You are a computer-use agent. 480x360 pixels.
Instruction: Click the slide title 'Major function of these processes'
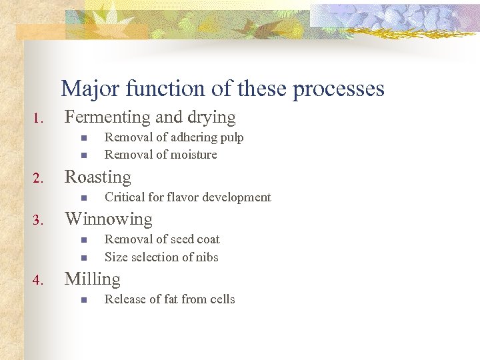(222, 89)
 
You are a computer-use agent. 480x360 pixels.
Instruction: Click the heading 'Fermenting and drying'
(149, 117)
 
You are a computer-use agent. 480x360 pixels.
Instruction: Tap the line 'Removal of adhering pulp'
(174, 137)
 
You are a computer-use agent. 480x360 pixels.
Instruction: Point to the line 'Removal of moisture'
(161, 155)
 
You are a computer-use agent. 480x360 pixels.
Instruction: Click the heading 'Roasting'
(97, 177)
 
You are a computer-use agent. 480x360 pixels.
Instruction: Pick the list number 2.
(38, 179)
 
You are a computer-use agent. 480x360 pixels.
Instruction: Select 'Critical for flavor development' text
(187, 197)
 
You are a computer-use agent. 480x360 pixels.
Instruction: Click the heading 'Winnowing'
(108, 219)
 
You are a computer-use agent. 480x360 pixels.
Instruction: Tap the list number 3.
(38, 221)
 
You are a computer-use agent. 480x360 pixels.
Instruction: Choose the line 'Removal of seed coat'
(162, 239)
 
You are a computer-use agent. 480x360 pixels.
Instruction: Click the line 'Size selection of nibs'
(161, 257)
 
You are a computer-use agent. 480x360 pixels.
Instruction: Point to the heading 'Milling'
(92, 279)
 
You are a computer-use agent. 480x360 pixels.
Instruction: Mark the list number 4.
(38, 281)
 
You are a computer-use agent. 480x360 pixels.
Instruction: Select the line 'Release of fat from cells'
(169, 299)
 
